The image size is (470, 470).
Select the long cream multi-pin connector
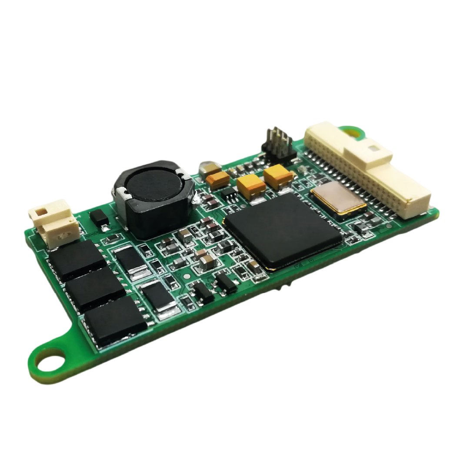pyautogui.click(x=370, y=170)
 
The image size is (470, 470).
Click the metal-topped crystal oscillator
pyautogui.click(x=338, y=197)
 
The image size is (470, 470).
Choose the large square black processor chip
pyautogui.click(x=283, y=230)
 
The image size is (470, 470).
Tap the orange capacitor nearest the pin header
pyautogui.click(x=278, y=176)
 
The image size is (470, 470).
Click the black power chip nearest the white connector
pyautogui.click(x=77, y=260)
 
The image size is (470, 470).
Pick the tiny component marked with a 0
pyautogui.click(x=196, y=229)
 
